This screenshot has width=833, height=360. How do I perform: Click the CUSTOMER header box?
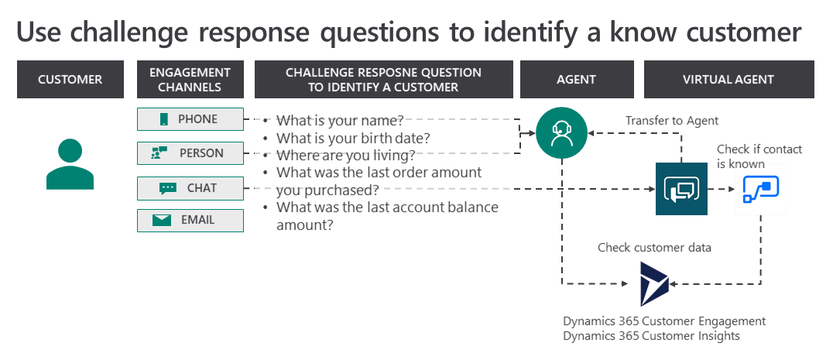(x=70, y=79)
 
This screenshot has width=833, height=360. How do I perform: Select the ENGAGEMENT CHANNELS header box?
(x=190, y=79)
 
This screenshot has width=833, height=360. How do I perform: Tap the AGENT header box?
(x=577, y=79)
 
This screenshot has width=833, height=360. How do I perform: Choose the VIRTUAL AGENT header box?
(x=729, y=79)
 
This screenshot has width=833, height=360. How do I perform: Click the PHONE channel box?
(x=190, y=119)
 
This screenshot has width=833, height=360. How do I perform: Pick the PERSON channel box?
(x=190, y=153)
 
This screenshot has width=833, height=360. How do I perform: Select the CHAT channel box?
(x=190, y=188)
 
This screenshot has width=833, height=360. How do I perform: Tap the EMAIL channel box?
(x=190, y=221)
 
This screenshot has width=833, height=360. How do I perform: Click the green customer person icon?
(x=70, y=164)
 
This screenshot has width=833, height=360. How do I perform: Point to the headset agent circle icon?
(x=561, y=132)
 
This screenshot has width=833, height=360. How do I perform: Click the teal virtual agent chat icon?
(x=681, y=188)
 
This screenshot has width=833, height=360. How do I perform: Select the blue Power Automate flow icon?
(x=761, y=189)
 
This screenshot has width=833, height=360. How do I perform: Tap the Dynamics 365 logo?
(x=654, y=283)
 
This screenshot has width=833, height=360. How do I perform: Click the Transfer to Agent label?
(x=671, y=121)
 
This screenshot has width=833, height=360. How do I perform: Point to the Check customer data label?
(x=654, y=247)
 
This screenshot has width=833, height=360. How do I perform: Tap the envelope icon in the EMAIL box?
(x=162, y=221)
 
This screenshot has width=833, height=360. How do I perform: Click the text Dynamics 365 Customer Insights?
(x=651, y=335)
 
